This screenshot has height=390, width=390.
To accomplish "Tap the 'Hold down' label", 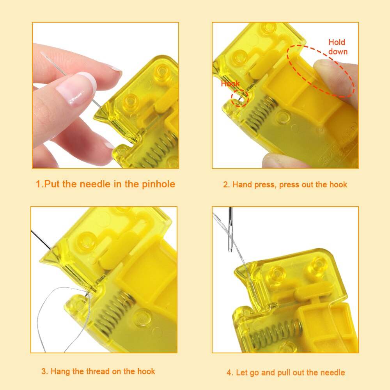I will click(x=337, y=47).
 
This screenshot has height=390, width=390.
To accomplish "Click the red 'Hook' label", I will click(x=230, y=84).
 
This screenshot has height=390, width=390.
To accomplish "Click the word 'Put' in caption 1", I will click(x=53, y=184).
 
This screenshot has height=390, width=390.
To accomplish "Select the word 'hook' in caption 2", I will click(x=338, y=184).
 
